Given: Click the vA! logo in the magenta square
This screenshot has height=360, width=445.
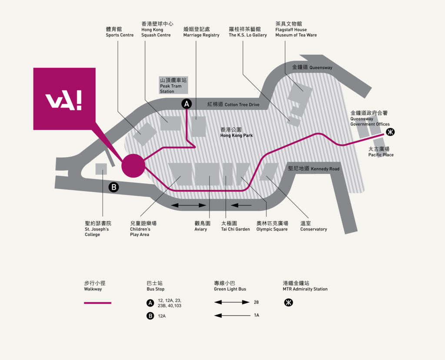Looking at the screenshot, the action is tap(63, 100).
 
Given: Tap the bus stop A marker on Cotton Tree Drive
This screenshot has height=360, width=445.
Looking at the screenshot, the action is tap(186, 104).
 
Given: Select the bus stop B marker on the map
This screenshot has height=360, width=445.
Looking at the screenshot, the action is tap(114, 187).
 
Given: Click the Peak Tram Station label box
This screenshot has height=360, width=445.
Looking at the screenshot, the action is tap(173, 85).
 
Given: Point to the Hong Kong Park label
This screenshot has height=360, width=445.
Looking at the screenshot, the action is tap(236, 132).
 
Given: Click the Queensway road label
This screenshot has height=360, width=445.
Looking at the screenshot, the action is tap(312, 67).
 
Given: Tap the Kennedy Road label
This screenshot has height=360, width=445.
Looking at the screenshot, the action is tap(314, 168).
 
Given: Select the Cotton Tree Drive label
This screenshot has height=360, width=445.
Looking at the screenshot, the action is tap(233, 104).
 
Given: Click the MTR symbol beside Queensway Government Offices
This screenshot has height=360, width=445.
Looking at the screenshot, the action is tap(390, 132).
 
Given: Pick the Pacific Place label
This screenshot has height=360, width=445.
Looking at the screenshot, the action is tap(381, 152).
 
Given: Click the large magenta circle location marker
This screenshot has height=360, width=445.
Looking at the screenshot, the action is tap(133, 166).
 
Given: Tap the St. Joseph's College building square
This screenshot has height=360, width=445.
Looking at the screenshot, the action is tap(101, 169).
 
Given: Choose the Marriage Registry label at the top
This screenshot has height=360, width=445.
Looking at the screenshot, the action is tap(201, 32).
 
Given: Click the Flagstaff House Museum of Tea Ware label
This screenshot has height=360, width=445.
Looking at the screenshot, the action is tap(296, 29).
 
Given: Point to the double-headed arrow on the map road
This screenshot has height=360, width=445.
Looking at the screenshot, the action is tap(189, 205).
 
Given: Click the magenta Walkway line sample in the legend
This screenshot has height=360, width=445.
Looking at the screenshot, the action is tap(98, 303).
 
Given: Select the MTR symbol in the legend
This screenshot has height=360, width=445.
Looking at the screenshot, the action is tap(289, 302).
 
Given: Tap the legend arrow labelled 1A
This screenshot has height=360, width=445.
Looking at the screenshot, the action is tap(232, 315).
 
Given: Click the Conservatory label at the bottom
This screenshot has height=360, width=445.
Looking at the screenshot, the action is tap(314, 226).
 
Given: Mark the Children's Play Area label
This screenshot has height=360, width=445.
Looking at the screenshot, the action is tap(143, 229).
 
